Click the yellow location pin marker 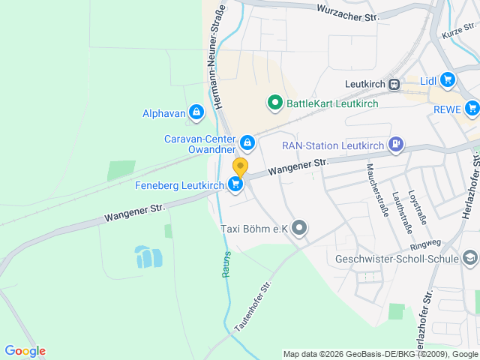[240, 166]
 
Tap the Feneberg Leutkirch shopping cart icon [236, 184]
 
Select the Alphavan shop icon [196, 113]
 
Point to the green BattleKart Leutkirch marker [274, 103]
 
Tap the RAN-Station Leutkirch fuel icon [395, 145]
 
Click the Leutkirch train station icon [394, 84]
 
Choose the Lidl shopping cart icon [448, 80]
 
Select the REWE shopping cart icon [471, 109]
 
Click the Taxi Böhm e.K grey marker [300, 228]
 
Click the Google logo [25, 351]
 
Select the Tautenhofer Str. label [252, 307]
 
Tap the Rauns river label [226, 264]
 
